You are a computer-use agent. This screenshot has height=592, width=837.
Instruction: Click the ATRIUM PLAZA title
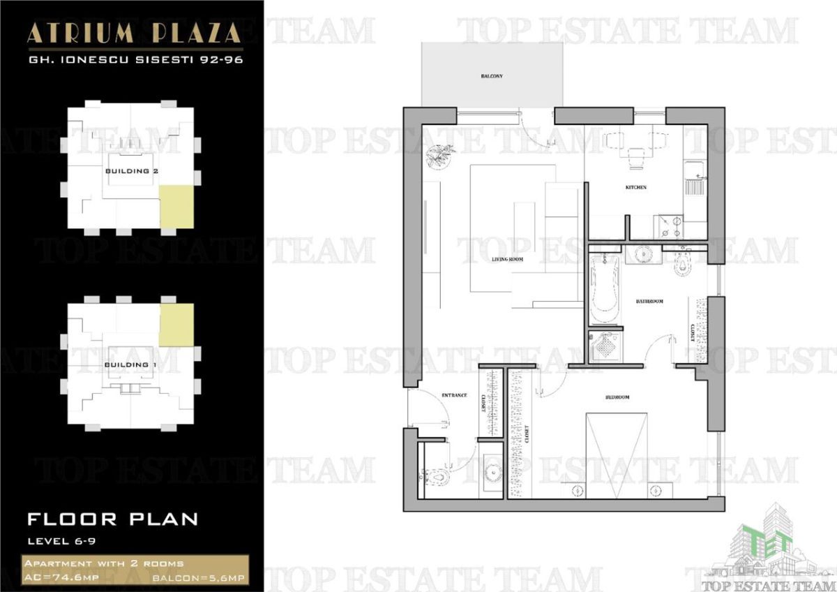tap(135, 33)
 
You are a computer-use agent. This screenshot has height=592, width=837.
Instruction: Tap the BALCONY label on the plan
tap(492, 75)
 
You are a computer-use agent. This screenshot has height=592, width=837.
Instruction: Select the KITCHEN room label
tap(635, 187)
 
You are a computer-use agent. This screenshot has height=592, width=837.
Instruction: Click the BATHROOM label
tap(649, 302)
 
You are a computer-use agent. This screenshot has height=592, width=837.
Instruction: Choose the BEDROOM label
tap(617, 397)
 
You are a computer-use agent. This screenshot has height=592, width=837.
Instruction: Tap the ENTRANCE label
tap(453, 395)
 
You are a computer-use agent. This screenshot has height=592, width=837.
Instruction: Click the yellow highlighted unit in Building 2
tap(176, 207)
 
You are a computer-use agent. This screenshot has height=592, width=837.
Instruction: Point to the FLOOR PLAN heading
tap(112, 519)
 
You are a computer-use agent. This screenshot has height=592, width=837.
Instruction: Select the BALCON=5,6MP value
tap(197, 579)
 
